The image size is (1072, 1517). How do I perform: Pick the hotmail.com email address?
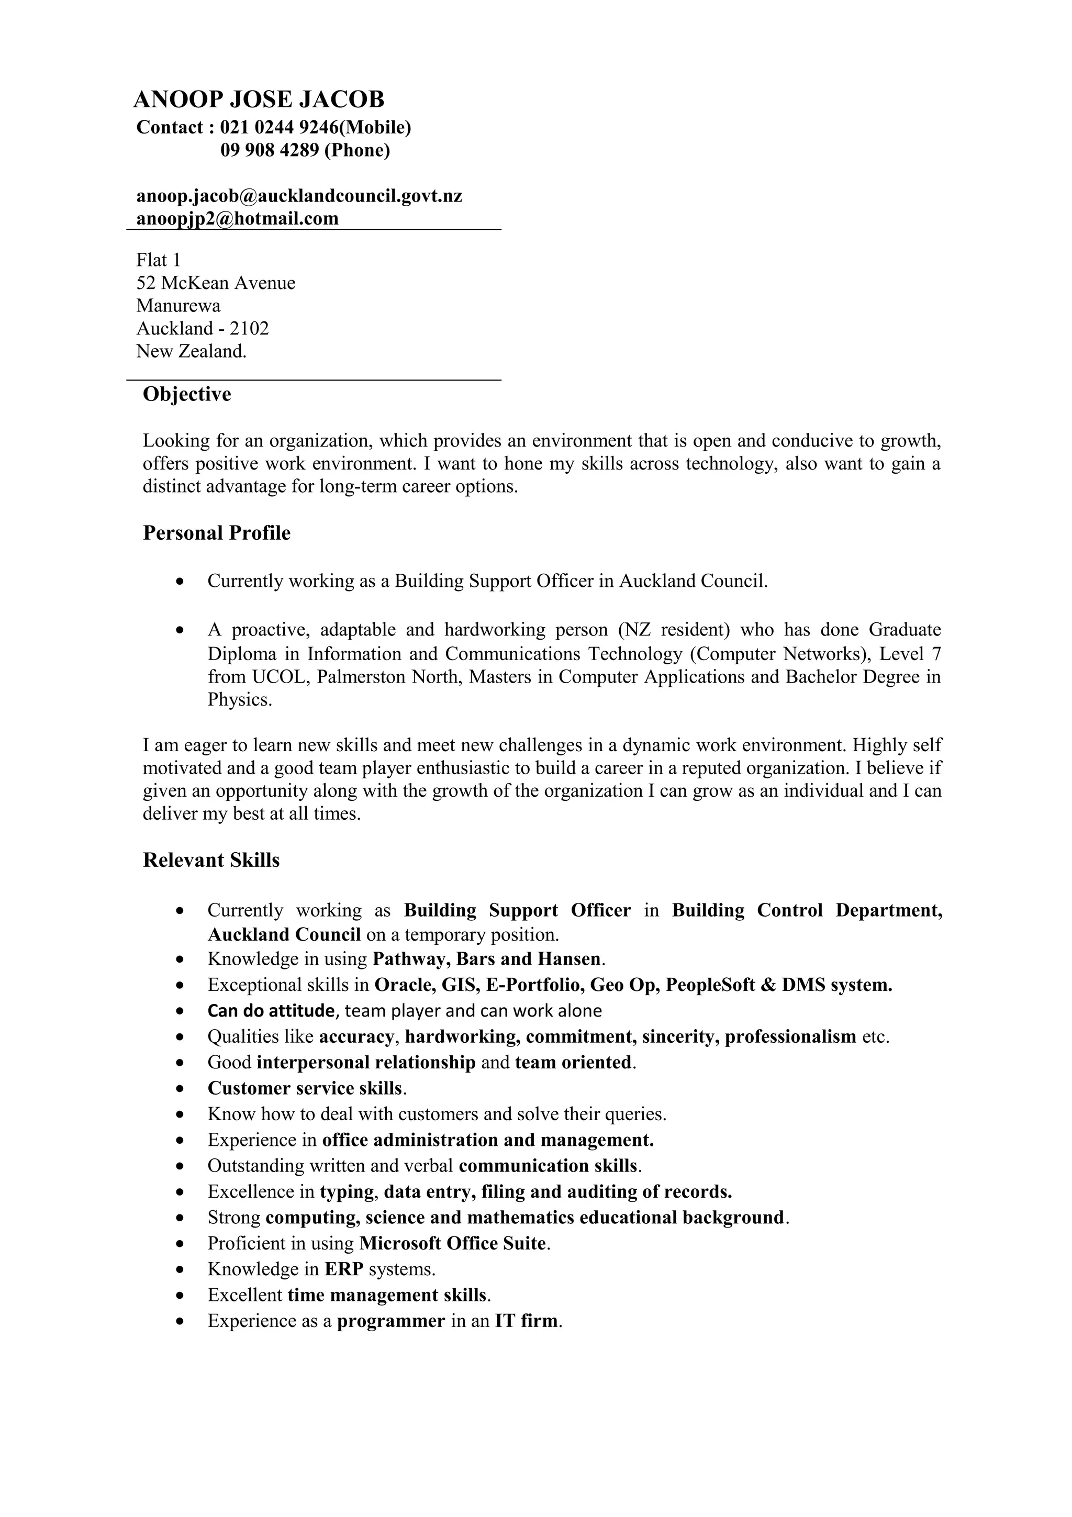pos(237,218)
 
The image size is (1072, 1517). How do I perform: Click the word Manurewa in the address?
pos(178,305)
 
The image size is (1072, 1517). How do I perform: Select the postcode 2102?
pos(249,328)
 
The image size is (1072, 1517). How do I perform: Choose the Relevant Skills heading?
pos(211,860)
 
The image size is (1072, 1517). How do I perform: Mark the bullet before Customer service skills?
pos(180,1089)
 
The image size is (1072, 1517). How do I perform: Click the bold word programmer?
pos(391,1320)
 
